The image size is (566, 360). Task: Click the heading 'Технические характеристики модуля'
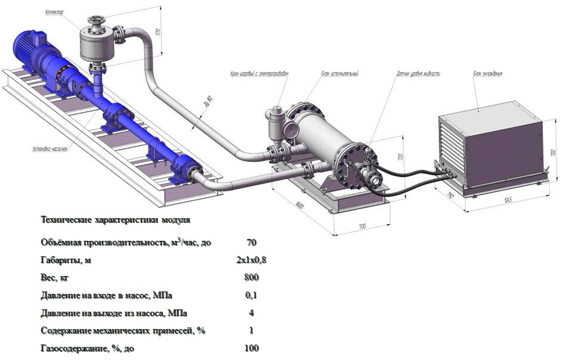pos(115,220)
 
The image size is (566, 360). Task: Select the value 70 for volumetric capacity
pos(251,243)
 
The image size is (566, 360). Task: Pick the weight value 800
pos(251,278)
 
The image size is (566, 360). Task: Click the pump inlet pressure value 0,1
pos(251,295)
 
